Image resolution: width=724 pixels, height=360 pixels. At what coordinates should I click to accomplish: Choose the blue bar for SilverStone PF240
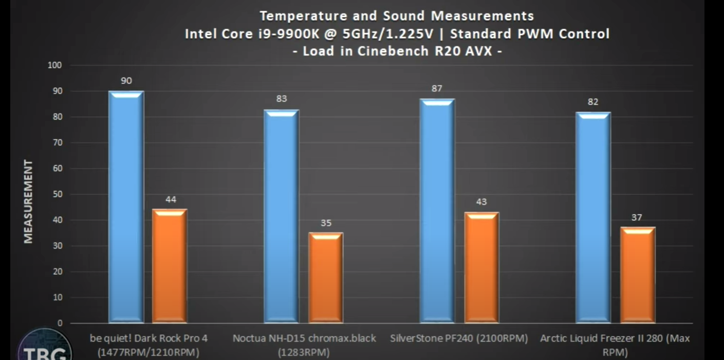coord(437,211)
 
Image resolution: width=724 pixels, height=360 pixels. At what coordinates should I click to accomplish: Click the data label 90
coord(126,81)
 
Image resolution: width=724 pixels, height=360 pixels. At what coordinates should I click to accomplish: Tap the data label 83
coord(281,99)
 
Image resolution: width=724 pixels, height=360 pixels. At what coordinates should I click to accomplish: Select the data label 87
coord(437,88)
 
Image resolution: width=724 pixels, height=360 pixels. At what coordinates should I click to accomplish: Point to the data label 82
coord(593,102)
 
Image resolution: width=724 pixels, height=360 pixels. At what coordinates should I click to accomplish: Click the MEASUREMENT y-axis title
coord(28,201)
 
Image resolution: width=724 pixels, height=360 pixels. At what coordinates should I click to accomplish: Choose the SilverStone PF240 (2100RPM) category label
coord(459,339)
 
